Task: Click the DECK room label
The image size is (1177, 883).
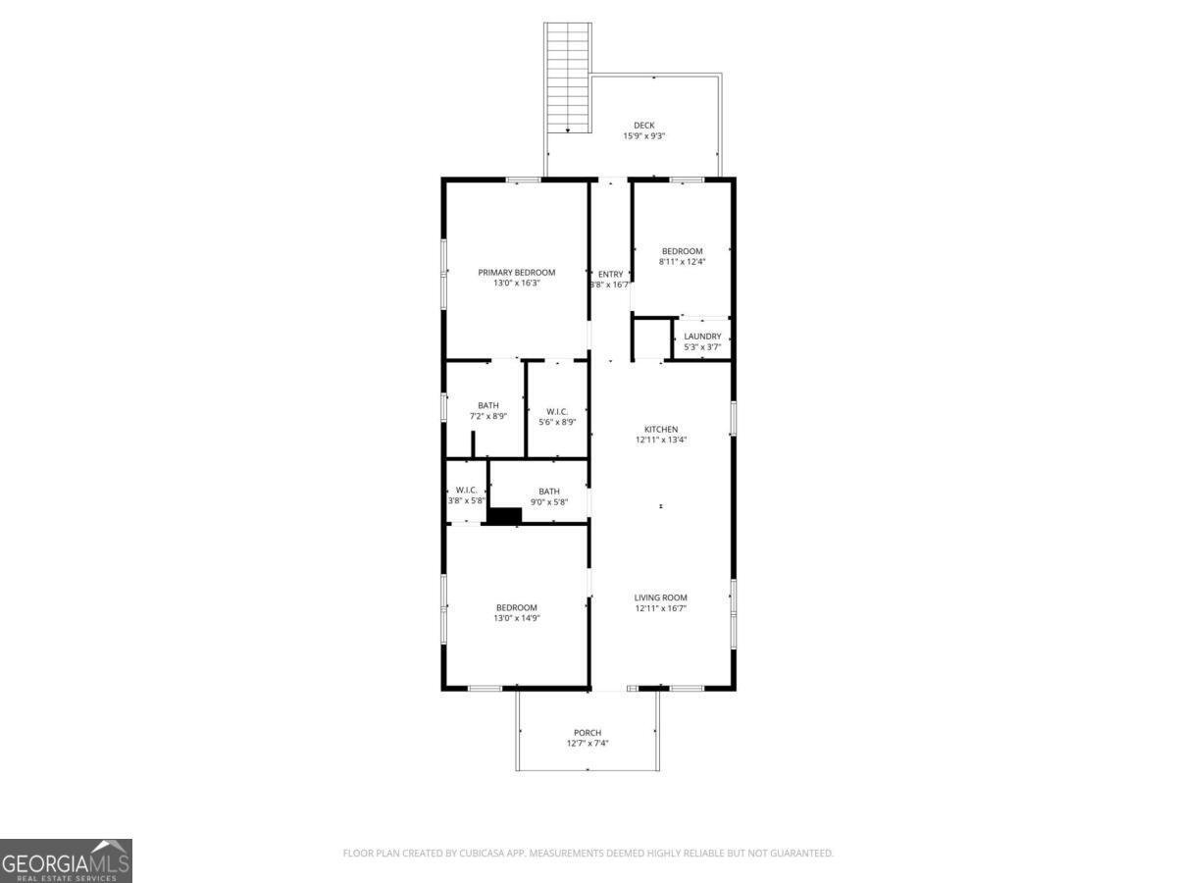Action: (x=643, y=125)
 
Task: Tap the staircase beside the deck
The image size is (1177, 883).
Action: (x=568, y=78)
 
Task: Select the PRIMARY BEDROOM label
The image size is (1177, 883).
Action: (x=516, y=273)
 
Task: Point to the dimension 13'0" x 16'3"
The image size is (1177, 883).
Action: (x=516, y=284)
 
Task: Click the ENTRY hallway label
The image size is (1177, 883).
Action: (x=610, y=275)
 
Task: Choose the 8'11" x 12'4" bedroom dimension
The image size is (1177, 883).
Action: (x=682, y=262)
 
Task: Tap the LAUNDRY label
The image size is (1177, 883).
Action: (x=702, y=337)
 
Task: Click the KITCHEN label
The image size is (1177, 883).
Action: (x=660, y=430)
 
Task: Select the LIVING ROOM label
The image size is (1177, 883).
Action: (x=660, y=597)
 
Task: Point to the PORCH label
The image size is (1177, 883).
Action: (x=588, y=733)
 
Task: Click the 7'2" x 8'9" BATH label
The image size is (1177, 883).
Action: (x=487, y=405)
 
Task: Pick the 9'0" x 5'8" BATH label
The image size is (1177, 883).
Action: (x=548, y=492)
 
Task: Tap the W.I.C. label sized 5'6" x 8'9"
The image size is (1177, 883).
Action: (x=557, y=411)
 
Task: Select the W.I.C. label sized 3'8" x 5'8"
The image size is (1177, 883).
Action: (x=466, y=491)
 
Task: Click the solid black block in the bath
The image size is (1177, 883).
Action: (x=504, y=515)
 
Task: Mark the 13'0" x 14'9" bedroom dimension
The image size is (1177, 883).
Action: (x=516, y=618)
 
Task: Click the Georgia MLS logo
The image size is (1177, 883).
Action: (x=66, y=860)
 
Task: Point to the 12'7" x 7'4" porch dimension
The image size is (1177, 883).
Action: (x=588, y=744)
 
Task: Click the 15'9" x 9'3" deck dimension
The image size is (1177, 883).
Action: (x=643, y=136)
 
